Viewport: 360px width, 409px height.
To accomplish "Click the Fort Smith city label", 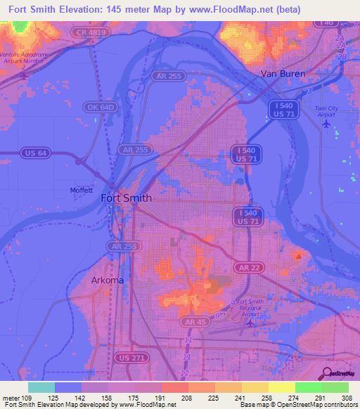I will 127,197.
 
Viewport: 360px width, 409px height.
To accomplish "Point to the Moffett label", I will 82,190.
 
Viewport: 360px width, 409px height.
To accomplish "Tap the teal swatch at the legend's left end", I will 41,387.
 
